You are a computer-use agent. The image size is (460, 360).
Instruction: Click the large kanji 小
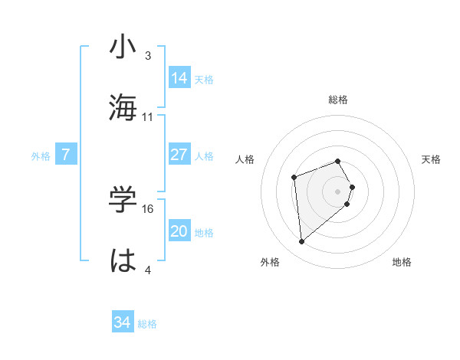coord(123,47)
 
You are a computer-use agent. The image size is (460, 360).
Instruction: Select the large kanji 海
coord(123,107)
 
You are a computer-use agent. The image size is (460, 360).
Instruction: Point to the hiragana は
coord(123,260)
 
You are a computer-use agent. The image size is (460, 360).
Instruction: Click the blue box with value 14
coord(179,77)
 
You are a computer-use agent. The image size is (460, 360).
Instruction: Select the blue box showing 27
coord(179,155)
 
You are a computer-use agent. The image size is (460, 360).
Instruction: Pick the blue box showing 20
coord(179,232)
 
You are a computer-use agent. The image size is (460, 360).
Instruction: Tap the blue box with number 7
coord(66,155)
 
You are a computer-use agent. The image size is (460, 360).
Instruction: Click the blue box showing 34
coord(122,323)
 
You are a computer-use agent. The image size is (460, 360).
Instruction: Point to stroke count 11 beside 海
coord(148,117)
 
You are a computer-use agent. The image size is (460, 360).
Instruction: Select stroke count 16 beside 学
coord(148,208)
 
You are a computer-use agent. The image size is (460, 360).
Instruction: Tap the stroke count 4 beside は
coord(147,270)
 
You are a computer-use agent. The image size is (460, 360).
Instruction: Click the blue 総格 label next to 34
coord(147,324)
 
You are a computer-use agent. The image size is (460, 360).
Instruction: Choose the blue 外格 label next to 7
coord(41,155)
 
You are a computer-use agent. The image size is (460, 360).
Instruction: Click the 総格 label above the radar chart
coord(337,100)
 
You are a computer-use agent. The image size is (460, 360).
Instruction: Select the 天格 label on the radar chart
coord(431,159)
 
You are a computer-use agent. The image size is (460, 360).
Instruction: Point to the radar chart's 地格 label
coord(402,262)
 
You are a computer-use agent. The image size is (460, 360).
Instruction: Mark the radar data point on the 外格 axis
coord(302,242)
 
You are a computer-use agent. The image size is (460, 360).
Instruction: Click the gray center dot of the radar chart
coord(338,191)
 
